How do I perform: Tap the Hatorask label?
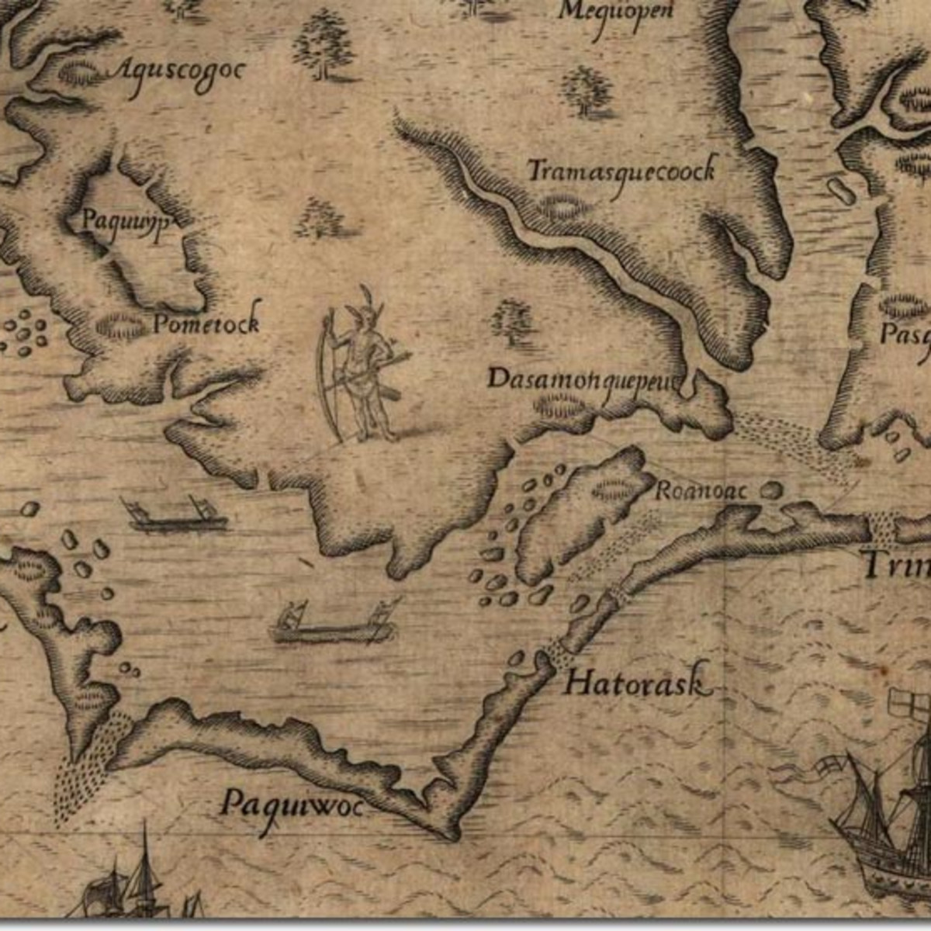pos(636,683)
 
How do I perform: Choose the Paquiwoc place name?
pos(291,805)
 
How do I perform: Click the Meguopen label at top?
pos(617,12)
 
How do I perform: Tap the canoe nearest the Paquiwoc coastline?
pos(334,625)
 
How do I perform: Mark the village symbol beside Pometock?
pos(120,326)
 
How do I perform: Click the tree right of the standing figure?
pos(510,320)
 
